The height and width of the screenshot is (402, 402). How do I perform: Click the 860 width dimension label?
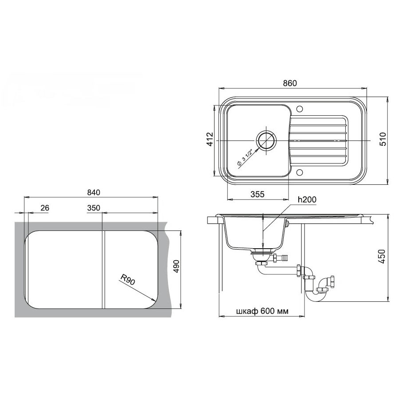290,83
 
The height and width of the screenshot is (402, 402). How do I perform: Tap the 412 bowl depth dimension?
210,139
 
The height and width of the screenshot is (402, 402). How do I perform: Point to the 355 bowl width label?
257,194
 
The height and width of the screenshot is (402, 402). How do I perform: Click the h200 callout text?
307,199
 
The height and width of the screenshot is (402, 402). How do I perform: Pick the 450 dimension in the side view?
382,257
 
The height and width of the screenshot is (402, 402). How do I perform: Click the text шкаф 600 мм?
262,311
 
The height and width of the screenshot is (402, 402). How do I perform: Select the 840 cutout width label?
94,192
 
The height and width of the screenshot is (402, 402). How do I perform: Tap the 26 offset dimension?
45,208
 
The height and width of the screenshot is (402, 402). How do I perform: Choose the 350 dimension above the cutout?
94,208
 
